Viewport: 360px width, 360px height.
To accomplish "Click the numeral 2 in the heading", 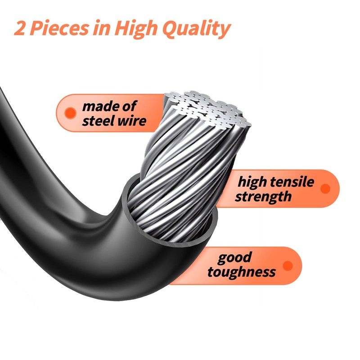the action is (x=20, y=28).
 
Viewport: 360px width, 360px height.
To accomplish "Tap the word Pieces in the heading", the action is (x=59, y=28).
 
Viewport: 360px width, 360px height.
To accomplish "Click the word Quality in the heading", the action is (x=196, y=29).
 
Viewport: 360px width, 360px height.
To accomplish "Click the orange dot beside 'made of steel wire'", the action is (x=70, y=113).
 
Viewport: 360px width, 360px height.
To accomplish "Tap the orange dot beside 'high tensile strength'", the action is (x=325, y=189).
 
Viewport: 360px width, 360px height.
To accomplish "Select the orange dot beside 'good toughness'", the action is (x=288, y=265).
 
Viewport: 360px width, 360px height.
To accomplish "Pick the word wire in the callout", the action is (x=132, y=121).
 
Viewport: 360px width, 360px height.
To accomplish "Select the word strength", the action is (x=263, y=197).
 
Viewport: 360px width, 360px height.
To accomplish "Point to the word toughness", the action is (x=242, y=272).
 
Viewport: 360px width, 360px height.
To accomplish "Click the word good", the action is (x=234, y=257).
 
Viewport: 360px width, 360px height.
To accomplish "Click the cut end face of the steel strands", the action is (x=207, y=108).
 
